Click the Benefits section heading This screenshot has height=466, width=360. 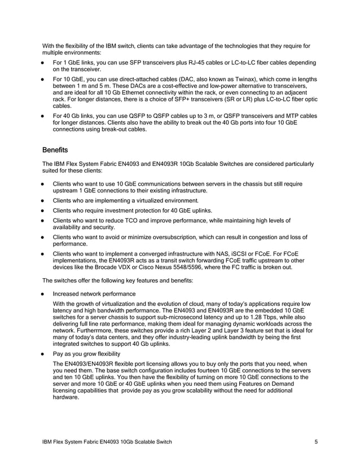(55, 151)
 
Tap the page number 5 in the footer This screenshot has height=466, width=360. (317, 442)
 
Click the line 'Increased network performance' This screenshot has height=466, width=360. (94, 294)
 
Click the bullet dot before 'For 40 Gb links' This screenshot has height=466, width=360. (43, 116)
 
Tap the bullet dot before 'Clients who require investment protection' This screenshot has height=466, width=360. (43, 210)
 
